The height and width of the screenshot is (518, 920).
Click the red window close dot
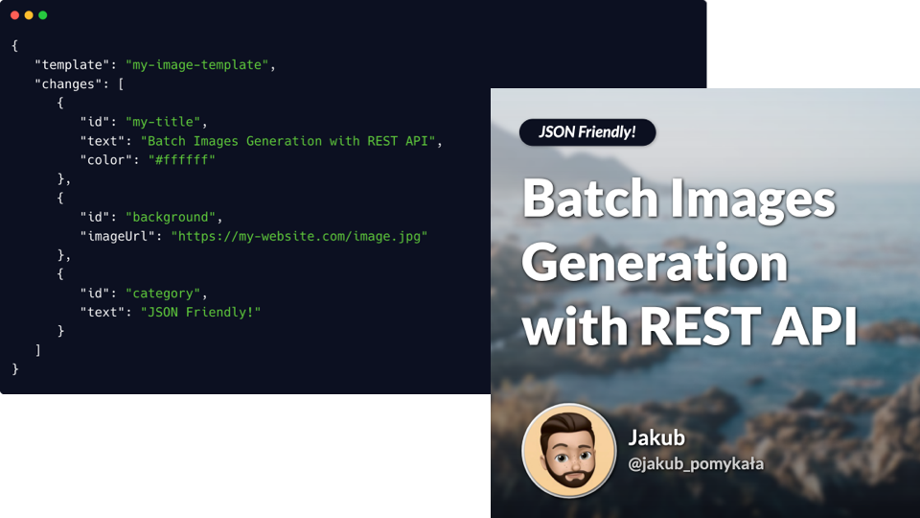click(14, 15)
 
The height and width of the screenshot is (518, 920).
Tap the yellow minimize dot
click(29, 15)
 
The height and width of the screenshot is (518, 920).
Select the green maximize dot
click(43, 15)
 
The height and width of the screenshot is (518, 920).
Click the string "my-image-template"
click(196, 64)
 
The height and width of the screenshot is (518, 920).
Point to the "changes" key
click(68, 84)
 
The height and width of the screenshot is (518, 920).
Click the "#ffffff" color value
click(182, 160)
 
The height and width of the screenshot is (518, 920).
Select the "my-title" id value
click(163, 122)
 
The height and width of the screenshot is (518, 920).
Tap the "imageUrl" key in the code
click(117, 236)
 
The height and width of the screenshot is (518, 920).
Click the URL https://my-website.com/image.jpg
click(299, 236)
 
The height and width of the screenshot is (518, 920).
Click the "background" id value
click(171, 217)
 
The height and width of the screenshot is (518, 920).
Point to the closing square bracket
click(38, 350)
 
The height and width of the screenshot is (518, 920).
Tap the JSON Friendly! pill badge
click(587, 132)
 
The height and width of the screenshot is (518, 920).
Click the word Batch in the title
click(590, 198)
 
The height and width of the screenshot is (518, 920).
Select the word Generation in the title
click(655, 263)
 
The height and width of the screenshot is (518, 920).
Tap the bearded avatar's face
click(569, 451)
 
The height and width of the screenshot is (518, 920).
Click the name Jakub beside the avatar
click(656, 437)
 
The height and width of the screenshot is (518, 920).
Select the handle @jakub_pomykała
click(696, 464)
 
